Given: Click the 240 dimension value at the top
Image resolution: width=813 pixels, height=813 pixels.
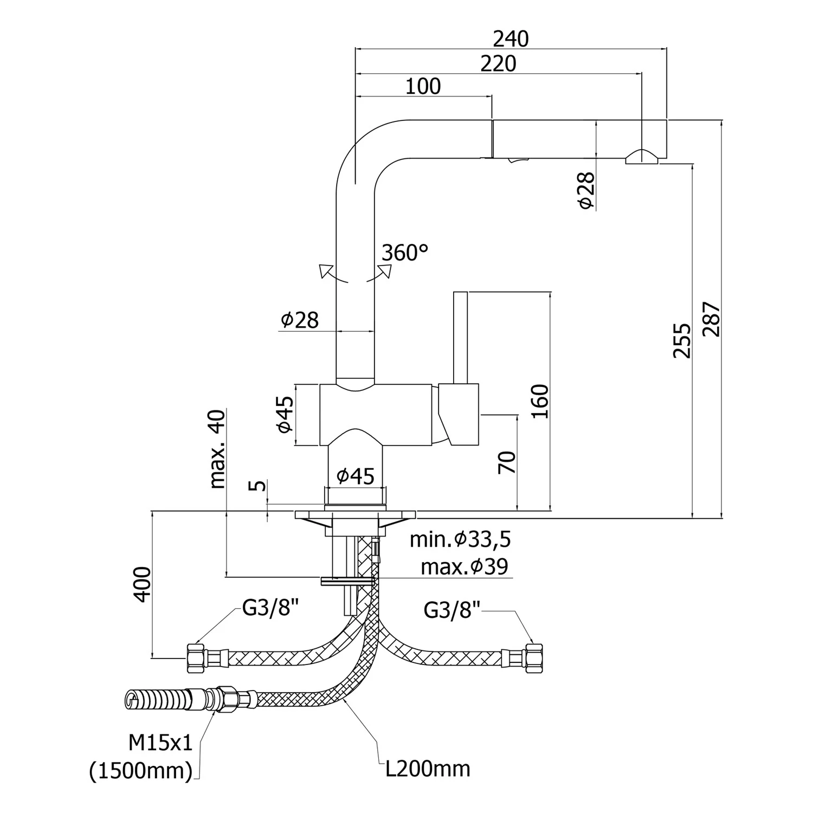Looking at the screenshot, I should coord(511,39).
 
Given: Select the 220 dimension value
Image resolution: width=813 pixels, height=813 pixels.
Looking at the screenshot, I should coord(498,64).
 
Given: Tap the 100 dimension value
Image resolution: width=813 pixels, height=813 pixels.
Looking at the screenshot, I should coord(423,87).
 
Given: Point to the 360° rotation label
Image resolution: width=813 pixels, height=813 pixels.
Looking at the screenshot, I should coord(405,253).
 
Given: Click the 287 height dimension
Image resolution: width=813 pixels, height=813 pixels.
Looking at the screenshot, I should coord(712,320).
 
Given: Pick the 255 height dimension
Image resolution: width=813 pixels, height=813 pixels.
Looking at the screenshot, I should coord(682,340).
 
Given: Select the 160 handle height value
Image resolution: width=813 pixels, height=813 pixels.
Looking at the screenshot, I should coord(540,401).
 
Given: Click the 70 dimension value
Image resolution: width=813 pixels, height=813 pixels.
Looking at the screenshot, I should coord(507,462).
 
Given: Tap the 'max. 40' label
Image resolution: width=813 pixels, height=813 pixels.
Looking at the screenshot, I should coord(217,449).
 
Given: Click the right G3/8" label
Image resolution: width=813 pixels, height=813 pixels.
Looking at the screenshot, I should coord(452,610).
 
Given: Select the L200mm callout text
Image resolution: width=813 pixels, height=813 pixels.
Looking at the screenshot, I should coord(428,769).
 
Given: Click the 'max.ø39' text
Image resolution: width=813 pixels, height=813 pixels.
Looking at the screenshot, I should coord(464,567).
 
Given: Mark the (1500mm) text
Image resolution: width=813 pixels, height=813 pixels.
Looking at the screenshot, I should coord(141,771).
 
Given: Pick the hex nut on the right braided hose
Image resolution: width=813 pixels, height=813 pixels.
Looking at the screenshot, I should coord(533,657).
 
